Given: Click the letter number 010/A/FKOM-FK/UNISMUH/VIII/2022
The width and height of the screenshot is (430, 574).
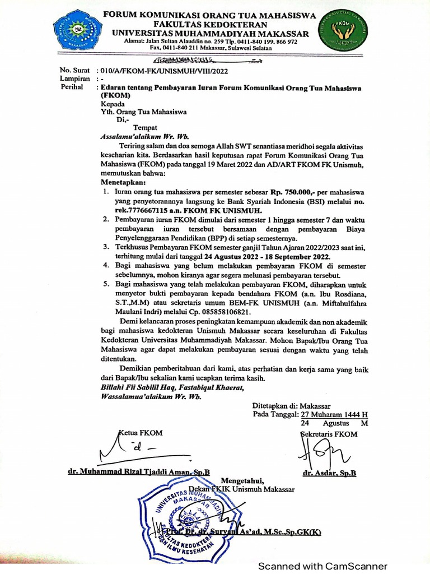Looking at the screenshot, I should (163, 71).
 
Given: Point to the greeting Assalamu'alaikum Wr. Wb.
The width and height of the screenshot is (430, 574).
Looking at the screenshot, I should (144, 136).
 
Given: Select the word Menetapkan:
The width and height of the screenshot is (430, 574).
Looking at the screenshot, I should (123, 183).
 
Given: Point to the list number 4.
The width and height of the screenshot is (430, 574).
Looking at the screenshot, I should (105, 263).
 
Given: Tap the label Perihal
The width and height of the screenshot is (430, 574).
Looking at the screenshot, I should (71, 88).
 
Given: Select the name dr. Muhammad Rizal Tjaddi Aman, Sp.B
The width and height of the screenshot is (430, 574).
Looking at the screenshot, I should (138, 473).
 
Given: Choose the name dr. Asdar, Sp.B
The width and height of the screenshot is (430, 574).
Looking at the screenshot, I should (329, 473).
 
